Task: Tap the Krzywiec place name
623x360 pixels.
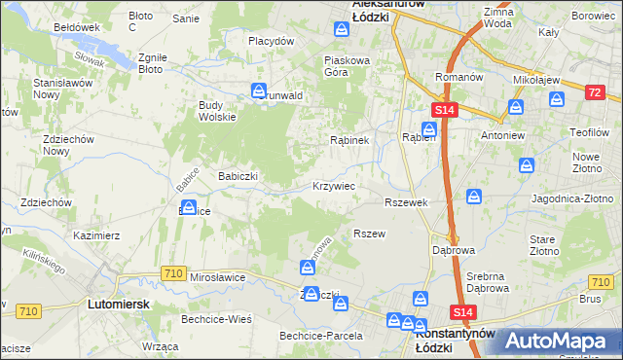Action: point(333,185)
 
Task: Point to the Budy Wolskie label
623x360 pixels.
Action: point(217,111)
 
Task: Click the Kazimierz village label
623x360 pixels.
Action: point(96,235)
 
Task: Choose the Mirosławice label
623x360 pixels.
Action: point(218,277)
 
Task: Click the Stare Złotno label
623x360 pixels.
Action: point(542,245)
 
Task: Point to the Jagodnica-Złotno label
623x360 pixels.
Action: point(570,198)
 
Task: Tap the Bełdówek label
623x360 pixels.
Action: point(78,27)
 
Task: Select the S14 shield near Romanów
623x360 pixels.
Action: point(444,113)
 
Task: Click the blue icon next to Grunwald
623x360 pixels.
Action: point(260,93)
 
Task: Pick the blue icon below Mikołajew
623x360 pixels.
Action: point(557,98)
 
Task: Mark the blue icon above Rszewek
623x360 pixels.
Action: point(474,198)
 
